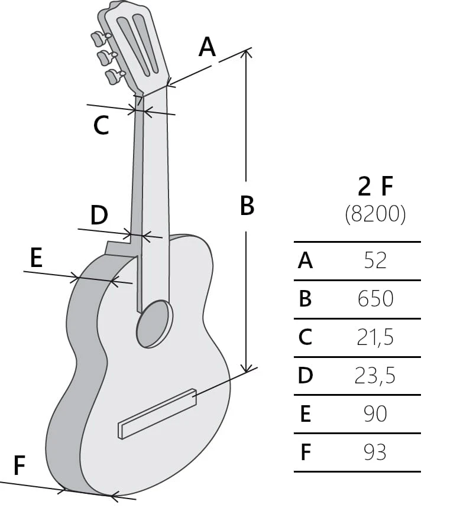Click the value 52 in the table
(x=375, y=260)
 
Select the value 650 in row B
(x=375, y=298)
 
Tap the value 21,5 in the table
(x=375, y=337)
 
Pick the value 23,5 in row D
(x=375, y=376)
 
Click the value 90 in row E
(x=375, y=413)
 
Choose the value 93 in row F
(x=375, y=452)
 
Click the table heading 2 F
(x=375, y=186)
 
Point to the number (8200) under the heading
(x=375, y=214)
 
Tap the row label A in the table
(x=306, y=260)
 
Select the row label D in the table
(x=306, y=376)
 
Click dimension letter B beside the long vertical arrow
(x=247, y=205)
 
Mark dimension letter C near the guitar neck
(x=101, y=125)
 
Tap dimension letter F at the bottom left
(x=20, y=465)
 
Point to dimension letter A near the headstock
(x=207, y=47)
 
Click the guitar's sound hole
(x=155, y=324)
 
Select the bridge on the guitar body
(x=157, y=413)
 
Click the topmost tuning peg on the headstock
(x=101, y=38)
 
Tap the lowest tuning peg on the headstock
(x=115, y=77)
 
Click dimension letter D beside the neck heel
(x=99, y=215)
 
